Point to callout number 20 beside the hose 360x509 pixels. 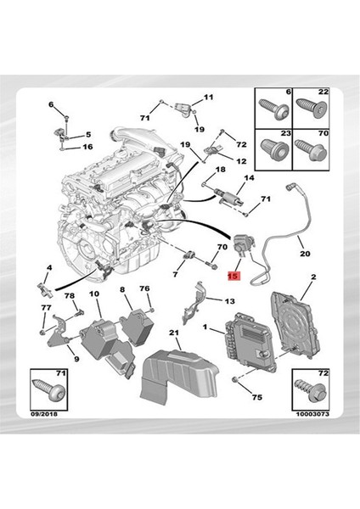click(304, 252)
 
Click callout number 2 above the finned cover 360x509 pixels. click(313, 277)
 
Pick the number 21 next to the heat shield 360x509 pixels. click(173, 332)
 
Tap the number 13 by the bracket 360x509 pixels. click(229, 301)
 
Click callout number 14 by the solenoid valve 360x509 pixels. click(249, 178)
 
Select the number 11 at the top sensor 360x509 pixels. click(209, 98)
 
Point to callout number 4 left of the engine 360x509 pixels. click(49, 268)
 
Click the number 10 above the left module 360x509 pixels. click(93, 294)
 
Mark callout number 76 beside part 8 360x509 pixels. click(145, 289)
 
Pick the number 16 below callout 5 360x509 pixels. click(87, 147)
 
